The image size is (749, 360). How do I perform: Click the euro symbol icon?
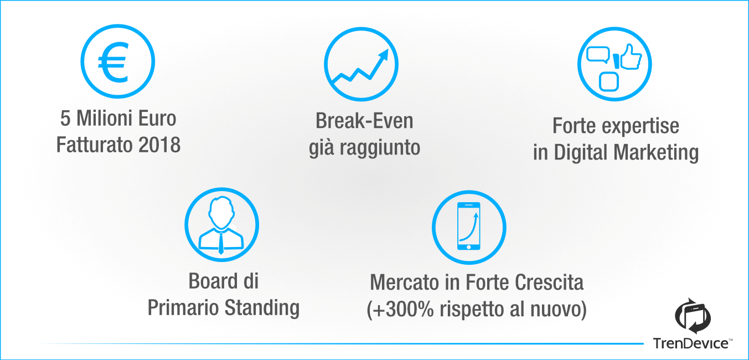113,63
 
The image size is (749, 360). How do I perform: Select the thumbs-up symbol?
631,57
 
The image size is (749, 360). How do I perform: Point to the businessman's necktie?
221,243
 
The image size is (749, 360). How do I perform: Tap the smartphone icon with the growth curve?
469,226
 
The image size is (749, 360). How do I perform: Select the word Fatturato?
95,145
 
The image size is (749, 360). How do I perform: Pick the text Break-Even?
364,121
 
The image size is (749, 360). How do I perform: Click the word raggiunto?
380,148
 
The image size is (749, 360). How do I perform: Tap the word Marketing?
656,152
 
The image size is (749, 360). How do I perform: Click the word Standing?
262,308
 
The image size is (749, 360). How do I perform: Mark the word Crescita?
549,282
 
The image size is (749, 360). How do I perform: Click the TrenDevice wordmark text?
691,343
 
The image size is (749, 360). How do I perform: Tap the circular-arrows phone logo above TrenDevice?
693,316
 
